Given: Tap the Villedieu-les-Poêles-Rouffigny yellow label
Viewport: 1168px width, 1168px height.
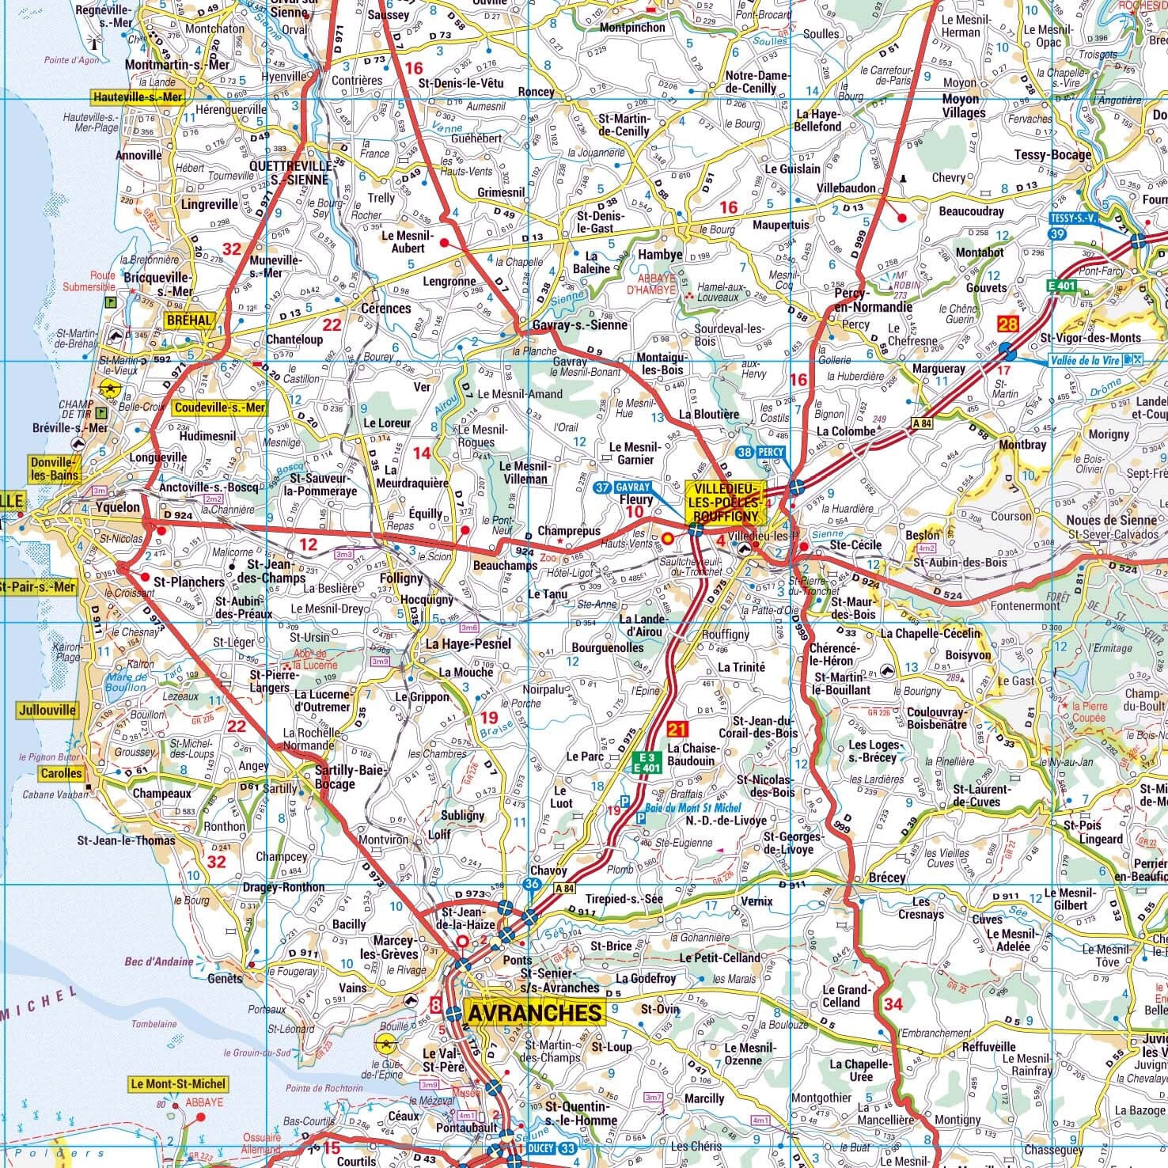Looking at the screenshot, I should pos(726,501).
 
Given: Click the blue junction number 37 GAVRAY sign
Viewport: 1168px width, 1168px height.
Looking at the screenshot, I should pos(622,487).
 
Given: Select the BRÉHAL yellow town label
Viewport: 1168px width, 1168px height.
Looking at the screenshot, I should pos(189,320).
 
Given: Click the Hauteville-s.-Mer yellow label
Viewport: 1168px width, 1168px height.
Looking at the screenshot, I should pos(138,97).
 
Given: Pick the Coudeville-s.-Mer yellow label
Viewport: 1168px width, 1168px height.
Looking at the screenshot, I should pos(220,408).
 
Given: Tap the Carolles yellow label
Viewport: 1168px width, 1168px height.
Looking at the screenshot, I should pos(61,773).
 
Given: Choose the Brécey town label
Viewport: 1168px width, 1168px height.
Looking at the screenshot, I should pos(886,878).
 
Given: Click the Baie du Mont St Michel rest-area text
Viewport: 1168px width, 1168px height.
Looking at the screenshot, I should pos(693,807).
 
